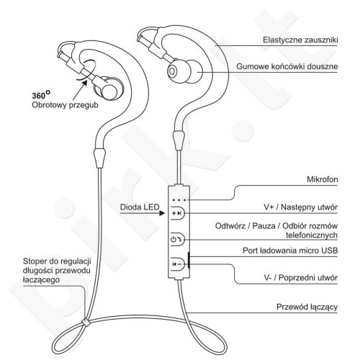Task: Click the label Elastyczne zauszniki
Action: pyautogui.click(x=300, y=40)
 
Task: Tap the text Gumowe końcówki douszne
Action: pyautogui.click(x=287, y=66)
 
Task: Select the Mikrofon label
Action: pyautogui.click(x=323, y=179)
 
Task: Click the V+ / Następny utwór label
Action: pyautogui.click(x=301, y=207)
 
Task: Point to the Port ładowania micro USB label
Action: pyautogui.click(x=290, y=251)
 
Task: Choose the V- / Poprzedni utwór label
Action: pyautogui.click(x=301, y=278)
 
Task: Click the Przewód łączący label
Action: pyautogui.click(x=307, y=307)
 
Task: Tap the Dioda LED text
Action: pyautogui.click(x=140, y=207)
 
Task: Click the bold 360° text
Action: pyautogui.click(x=41, y=95)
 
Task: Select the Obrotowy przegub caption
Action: pyautogui.click(x=65, y=105)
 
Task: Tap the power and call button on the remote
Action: pyautogui.click(x=177, y=239)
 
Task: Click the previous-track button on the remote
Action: pyautogui.click(x=177, y=264)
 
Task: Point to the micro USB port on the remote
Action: pyautogui.click(x=189, y=260)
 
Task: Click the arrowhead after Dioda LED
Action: pyautogui.click(x=162, y=213)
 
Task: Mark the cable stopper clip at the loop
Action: pyautogui.click(x=86, y=322)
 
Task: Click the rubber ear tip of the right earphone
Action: pyautogui.click(x=182, y=71)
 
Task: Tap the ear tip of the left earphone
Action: pyautogui.click(x=109, y=89)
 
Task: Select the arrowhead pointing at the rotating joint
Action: pyautogui.click(x=84, y=83)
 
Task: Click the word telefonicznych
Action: pyautogui.click(x=312, y=235)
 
